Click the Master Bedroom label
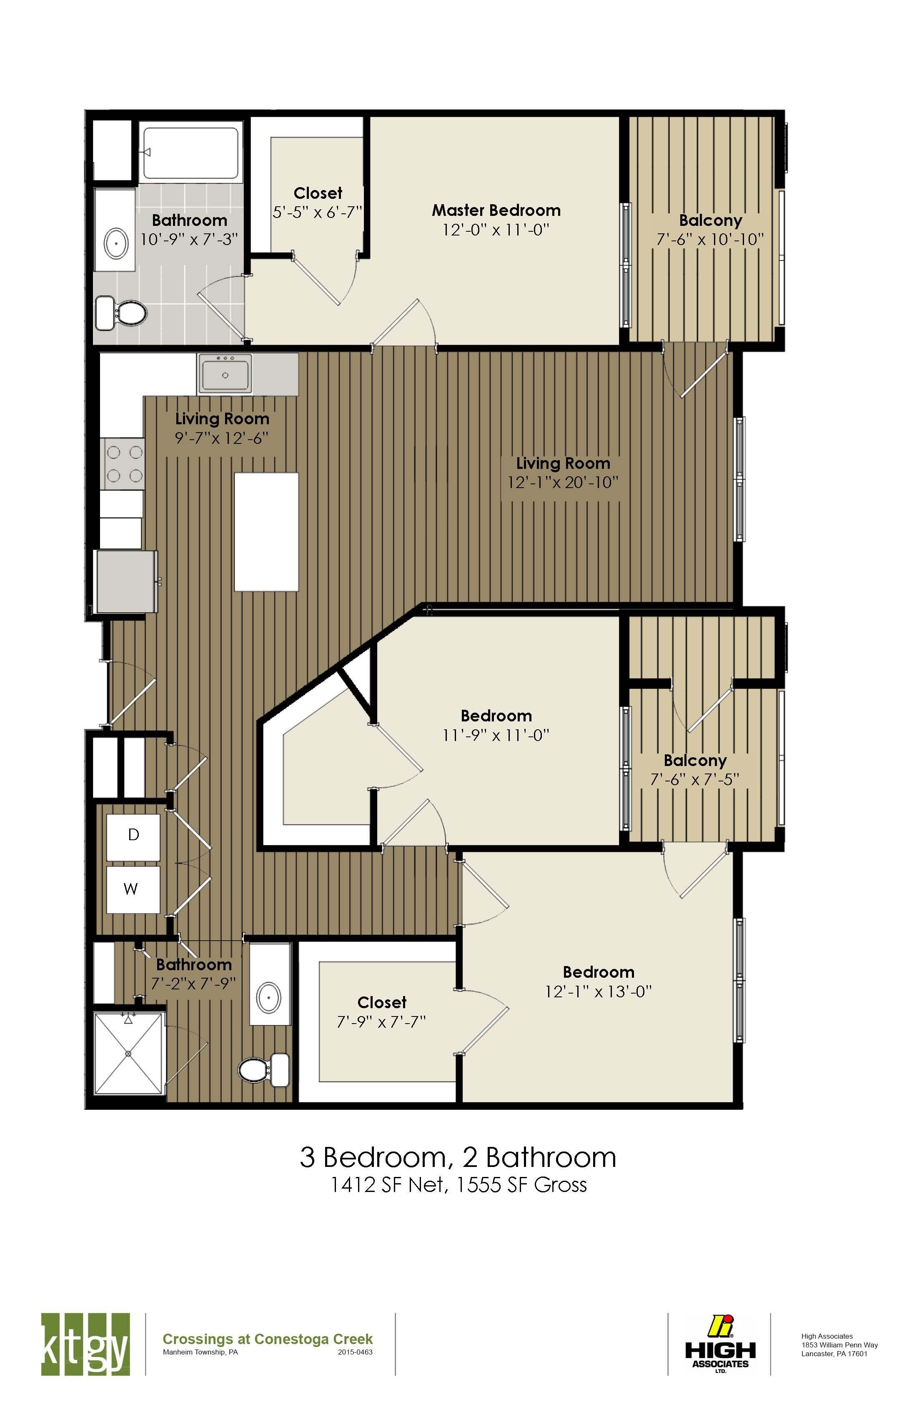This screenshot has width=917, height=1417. pos(496,210)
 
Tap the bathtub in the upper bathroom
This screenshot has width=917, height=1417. pos(191,153)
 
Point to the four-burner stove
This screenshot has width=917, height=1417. pos(124,464)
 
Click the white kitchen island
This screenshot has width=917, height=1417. pos(266,532)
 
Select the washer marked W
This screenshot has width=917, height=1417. pos(132,889)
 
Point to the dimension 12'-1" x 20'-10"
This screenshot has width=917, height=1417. pos(563,482)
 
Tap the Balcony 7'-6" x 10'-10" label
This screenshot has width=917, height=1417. pos(710,230)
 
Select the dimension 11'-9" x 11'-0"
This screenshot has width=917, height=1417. pos(496,735)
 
